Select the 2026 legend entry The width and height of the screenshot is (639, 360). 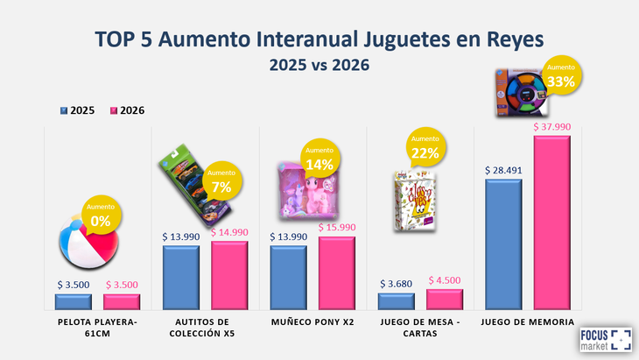tap(127, 110)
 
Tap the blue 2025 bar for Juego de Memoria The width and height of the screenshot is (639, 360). tap(502, 245)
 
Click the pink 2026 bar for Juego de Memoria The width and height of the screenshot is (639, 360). tap(551, 223)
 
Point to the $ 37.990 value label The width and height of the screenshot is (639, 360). tap(551, 126)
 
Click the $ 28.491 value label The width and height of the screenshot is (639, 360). tap(503, 170)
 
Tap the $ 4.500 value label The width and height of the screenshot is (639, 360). tap(445, 280)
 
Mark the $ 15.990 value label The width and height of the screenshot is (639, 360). tap(337, 228)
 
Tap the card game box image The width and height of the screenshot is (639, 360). tap(414, 201)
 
